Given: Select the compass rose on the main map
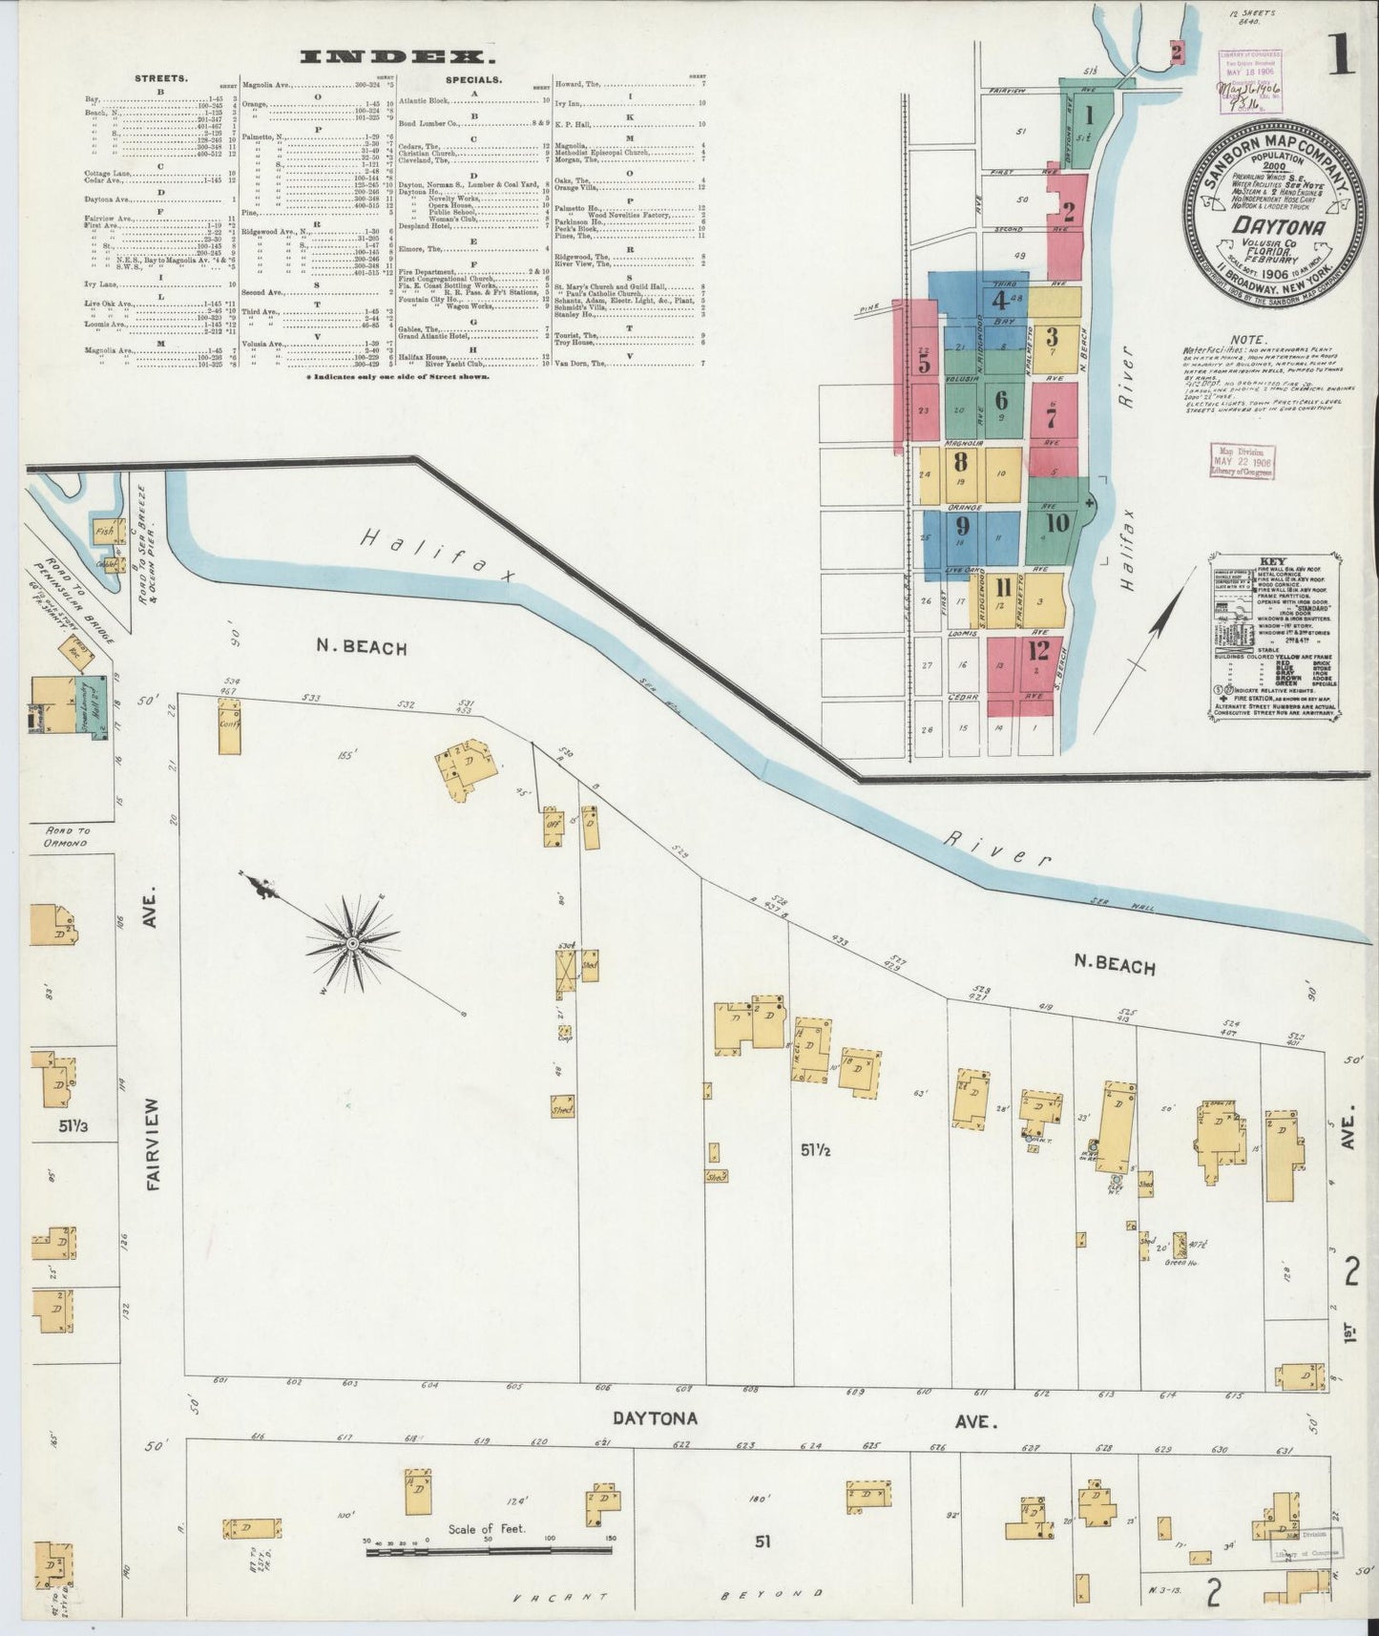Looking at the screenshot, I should [352, 943].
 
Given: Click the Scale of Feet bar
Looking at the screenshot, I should [491, 1553].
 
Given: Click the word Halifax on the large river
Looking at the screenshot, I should [436, 556].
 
